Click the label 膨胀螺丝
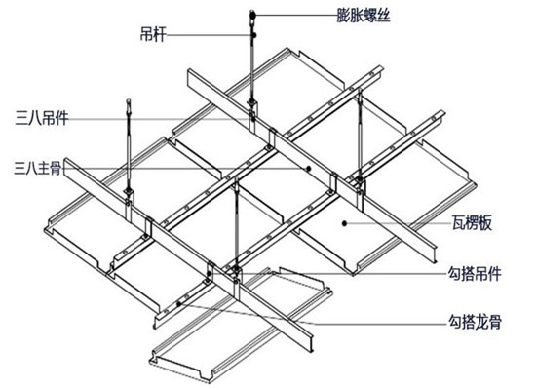[364, 15]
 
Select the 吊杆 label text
[153, 34]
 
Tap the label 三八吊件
[41, 118]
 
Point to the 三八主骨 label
[38, 169]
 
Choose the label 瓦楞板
[472, 222]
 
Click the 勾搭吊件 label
[475, 274]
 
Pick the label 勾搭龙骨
[475, 323]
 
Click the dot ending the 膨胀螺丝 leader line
[253, 15]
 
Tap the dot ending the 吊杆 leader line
[254, 35]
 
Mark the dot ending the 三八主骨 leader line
[308, 169]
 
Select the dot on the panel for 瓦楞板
[345, 223]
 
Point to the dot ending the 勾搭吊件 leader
[209, 273]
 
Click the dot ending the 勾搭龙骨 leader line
[178, 303]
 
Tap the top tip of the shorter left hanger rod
[129, 99]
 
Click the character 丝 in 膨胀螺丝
[384, 15]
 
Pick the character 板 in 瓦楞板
[485, 222]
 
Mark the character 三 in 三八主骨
[20, 169]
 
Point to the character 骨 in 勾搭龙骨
[495, 323]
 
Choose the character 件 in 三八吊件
[61, 118]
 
